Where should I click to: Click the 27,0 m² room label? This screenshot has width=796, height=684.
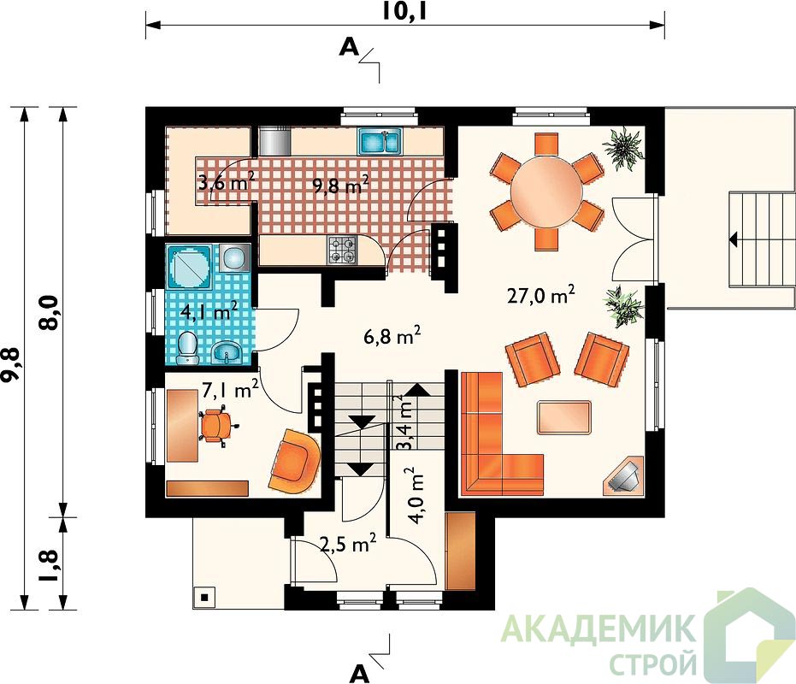point(540,294)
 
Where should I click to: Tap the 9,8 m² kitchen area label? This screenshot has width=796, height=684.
point(340,185)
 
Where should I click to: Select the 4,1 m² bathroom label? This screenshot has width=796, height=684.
point(209,310)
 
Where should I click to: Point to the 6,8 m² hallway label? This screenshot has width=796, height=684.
point(392,335)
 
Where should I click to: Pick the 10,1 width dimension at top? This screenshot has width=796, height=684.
point(404,12)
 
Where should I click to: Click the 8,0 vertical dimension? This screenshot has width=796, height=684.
point(52,312)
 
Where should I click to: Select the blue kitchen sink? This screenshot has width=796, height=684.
point(380,141)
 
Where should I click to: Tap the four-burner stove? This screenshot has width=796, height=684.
point(342,251)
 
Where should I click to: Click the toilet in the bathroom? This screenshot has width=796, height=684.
point(188,348)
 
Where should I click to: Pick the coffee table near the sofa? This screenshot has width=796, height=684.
point(564,417)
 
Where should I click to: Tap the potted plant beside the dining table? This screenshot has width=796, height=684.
point(623,147)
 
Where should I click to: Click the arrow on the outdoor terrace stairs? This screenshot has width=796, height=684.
point(734,239)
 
